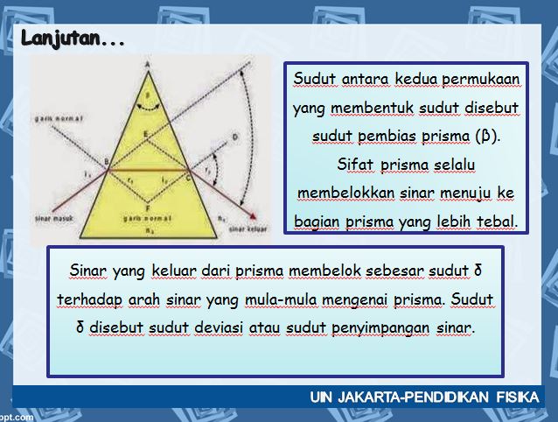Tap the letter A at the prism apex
click(x=150, y=63)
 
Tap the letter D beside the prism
click(x=234, y=137)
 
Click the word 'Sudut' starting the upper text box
click(x=310, y=80)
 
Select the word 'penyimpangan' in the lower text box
click(x=382, y=327)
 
